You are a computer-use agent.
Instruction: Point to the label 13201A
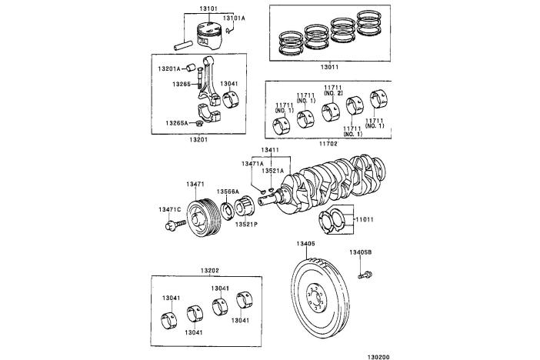[169, 68]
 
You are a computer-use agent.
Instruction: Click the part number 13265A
[176, 122]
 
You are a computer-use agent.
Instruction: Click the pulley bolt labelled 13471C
[174, 226]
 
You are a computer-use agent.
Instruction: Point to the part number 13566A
[227, 192]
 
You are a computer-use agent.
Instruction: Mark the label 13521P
[247, 224]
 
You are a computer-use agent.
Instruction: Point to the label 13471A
[253, 163]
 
